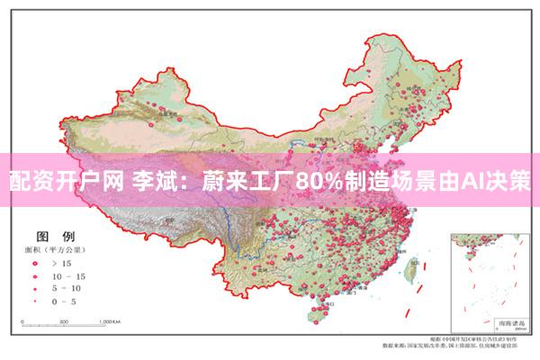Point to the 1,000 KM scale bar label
(110, 321)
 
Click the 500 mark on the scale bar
(65, 321)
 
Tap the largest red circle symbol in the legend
(33, 262)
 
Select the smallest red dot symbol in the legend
(33, 301)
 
